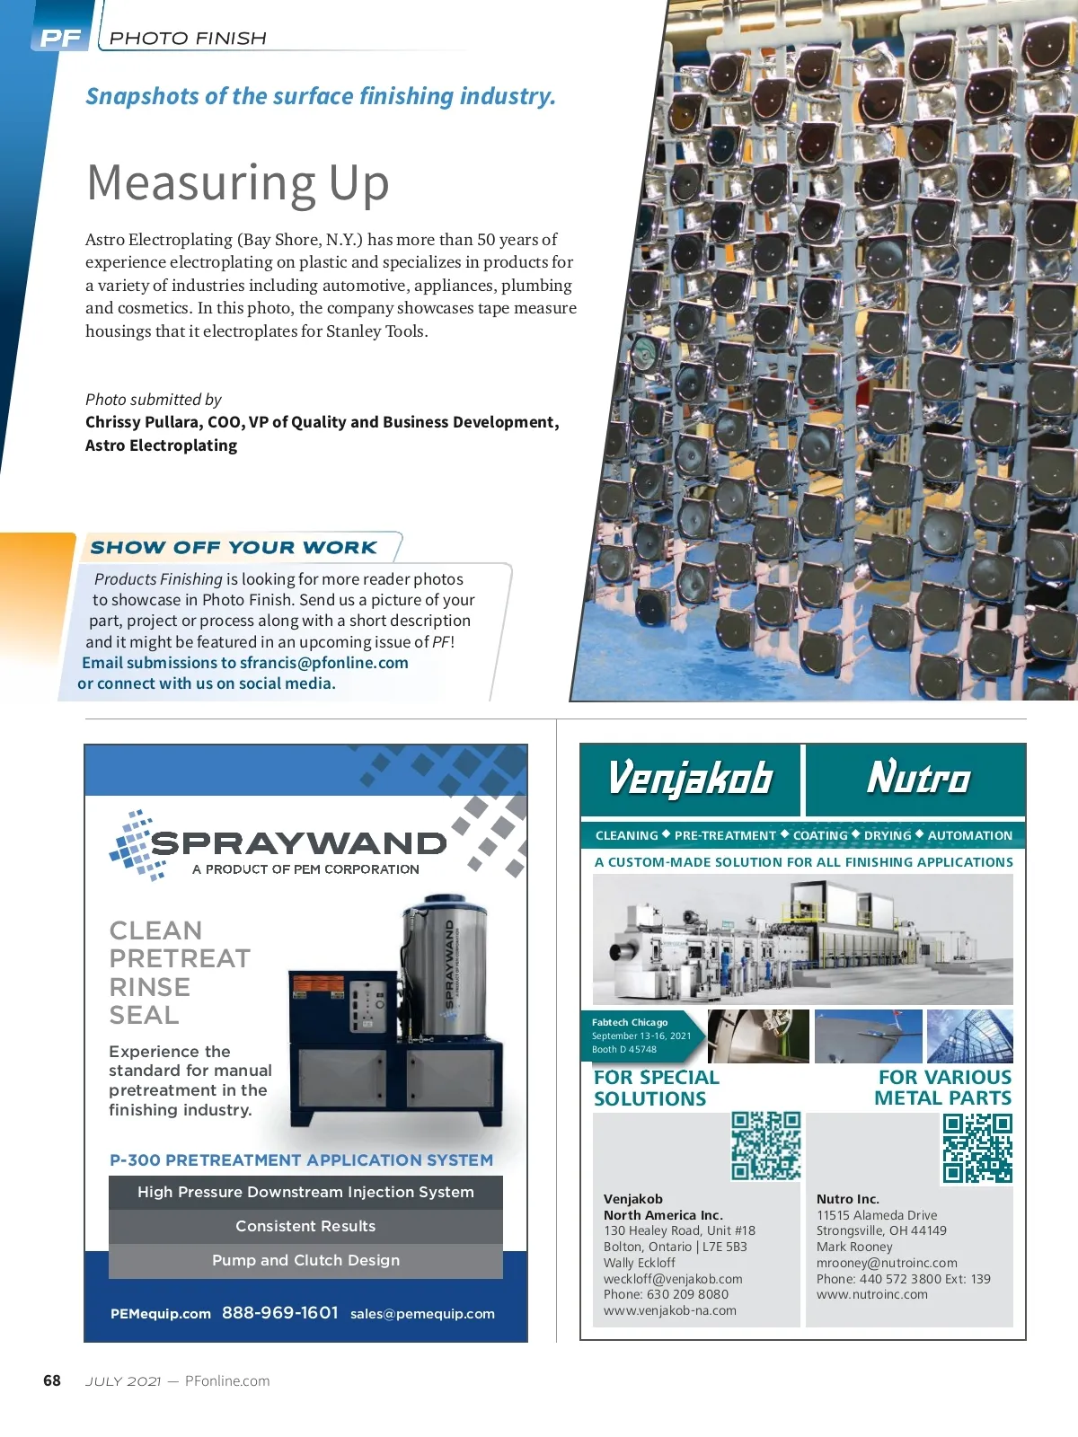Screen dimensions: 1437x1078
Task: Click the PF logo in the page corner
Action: [x=60, y=38]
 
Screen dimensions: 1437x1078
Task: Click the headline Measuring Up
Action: [x=238, y=182]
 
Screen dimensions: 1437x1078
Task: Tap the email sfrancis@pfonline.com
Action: [x=324, y=663]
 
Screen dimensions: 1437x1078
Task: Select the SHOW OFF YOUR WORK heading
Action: [x=234, y=547]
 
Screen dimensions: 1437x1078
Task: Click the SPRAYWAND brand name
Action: [x=298, y=843]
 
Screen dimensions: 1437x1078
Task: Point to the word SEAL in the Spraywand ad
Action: [x=144, y=1015]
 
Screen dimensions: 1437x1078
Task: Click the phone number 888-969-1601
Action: [x=280, y=1313]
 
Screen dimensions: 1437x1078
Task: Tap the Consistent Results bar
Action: [x=305, y=1226]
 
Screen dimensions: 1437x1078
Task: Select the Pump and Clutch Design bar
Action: [x=305, y=1260]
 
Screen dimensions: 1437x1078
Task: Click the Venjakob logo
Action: [x=690, y=778]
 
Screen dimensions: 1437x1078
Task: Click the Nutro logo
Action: [x=918, y=778]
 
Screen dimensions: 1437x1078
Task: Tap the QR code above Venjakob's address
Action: [x=765, y=1145]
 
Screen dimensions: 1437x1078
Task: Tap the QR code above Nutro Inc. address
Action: [x=977, y=1148]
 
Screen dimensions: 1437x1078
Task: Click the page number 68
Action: [x=52, y=1380]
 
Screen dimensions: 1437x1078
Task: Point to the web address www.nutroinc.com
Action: [x=871, y=1294]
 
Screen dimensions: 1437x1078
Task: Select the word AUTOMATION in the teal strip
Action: [x=969, y=835]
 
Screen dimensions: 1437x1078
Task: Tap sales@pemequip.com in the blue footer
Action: [x=422, y=1314]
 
